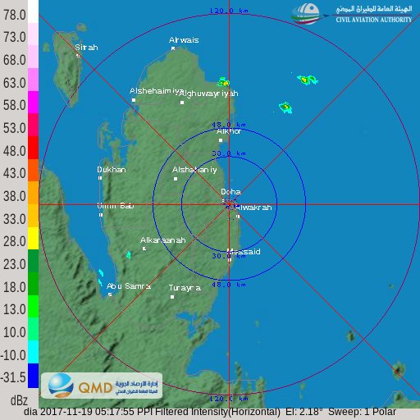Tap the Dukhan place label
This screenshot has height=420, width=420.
pyautogui.click(x=112, y=170)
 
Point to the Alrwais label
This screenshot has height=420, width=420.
pyautogui.click(x=184, y=39)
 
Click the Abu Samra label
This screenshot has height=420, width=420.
pyautogui.click(x=129, y=285)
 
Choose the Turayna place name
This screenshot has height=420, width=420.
pyautogui.click(x=185, y=288)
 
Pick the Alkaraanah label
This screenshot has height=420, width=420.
pyautogui.click(x=162, y=240)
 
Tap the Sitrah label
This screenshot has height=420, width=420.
pyautogui.click(x=86, y=48)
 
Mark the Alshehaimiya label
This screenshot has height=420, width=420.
pyautogui.click(x=156, y=91)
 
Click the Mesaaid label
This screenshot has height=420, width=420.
pyautogui.click(x=244, y=252)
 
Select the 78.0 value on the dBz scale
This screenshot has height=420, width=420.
pyautogui.click(x=15, y=15)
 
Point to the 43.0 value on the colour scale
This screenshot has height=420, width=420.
pyautogui.click(x=15, y=174)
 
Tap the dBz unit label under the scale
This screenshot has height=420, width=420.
pyautogui.click(x=18, y=400)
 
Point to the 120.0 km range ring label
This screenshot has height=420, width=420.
pyautogui.click(x=228, y=11)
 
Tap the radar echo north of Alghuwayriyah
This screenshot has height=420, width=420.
pyautogui.click(x=222, y=82)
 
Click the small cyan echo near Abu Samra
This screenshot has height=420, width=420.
pyautogui.click(x=101, y=273)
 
